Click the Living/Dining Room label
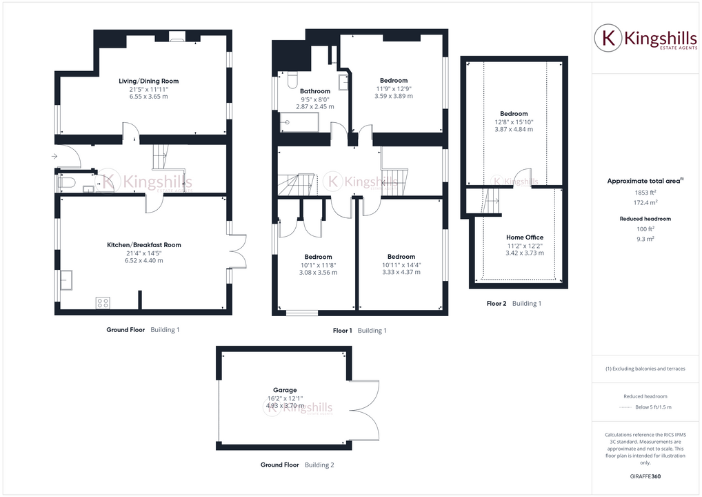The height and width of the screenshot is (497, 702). (148, 81)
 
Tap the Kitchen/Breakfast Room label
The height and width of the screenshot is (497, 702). (144, 245)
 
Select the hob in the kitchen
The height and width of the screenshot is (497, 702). (102, 302)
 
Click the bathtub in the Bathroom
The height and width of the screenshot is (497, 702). (299, 124)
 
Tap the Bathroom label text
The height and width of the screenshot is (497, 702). (315, 91)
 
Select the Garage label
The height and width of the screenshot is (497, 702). (285, 390)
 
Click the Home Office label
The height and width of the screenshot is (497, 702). (525, 237)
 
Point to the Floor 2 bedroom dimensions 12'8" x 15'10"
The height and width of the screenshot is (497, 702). (514, 122)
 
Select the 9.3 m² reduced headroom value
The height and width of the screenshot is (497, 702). (645, 238)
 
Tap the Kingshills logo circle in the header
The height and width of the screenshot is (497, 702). (608, 39)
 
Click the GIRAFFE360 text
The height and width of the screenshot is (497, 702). (645, 476)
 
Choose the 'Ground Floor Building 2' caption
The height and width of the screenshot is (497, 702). (297, 465)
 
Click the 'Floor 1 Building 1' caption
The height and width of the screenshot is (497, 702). (359, 331)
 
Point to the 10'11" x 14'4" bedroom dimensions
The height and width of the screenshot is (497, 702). (401, 264)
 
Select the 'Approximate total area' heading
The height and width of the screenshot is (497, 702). (643, 181)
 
